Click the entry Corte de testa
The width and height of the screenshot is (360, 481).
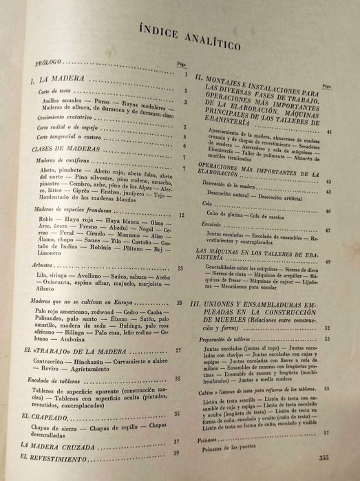50,92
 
